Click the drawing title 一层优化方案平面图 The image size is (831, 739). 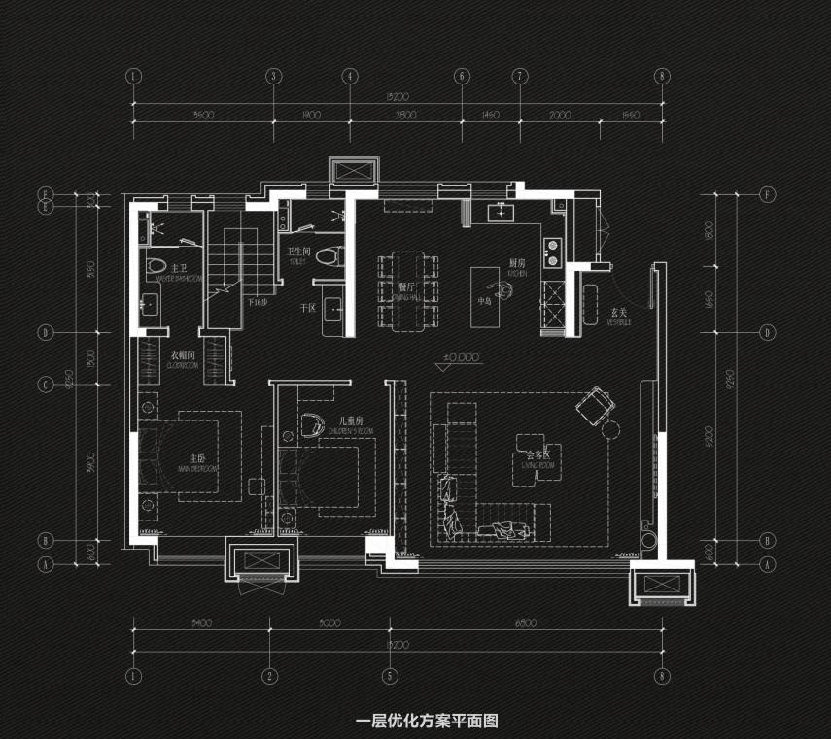(x=427, y=722)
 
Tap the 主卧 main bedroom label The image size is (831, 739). (x=197, y=460)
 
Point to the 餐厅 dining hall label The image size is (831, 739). (x=406, y=289)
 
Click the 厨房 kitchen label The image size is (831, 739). (x=517, y=264)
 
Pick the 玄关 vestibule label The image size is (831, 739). (x=619, y=314)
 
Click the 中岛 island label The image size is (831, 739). (x=484, y=301)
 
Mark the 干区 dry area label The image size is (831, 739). (x=308, y=308)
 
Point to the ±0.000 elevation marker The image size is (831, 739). (x=462, y=357)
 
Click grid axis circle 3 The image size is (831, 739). (x=274, y=76)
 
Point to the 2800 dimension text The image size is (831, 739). (x=404, y=116)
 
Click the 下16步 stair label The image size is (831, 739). (x=258, y=302)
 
